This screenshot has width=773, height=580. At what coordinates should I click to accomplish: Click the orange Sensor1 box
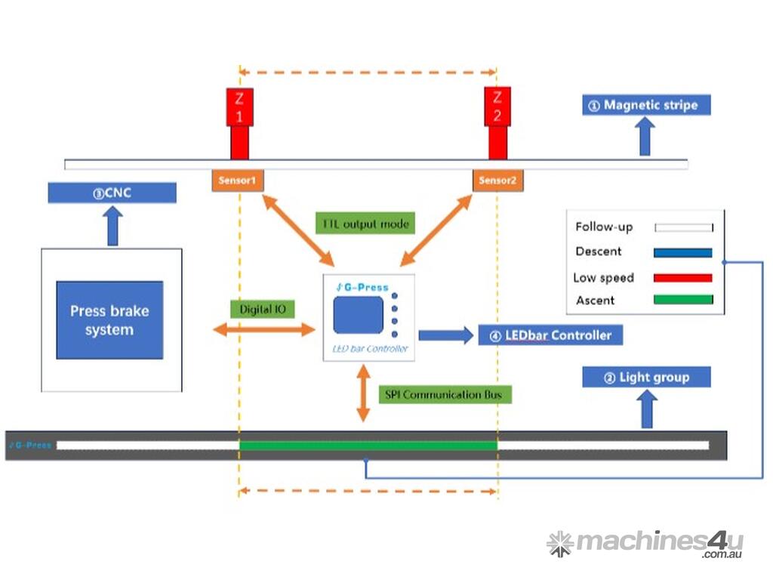click(238, 180)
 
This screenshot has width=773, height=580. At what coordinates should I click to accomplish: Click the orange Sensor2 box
click(497, 180)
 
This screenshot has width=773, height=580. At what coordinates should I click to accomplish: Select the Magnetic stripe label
click(647, 105)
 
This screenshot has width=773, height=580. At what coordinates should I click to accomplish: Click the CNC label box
click(112, 193)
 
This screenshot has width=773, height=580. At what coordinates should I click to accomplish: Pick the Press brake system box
click(109, 320)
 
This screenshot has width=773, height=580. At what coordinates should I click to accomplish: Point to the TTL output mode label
click(365, 224)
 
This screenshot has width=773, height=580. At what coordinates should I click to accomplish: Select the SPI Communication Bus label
click(443, 394)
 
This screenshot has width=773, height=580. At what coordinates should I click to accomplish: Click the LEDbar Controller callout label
click(550, 335)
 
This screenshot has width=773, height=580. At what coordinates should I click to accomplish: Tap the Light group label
click(646, 377)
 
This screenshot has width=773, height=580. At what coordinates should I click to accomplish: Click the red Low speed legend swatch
click(683, 278)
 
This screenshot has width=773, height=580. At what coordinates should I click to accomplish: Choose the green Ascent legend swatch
click(683, 300)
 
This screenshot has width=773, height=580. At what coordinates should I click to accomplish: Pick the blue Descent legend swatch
click(683, 252)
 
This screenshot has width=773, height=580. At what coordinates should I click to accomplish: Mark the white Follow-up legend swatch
click(683, 227)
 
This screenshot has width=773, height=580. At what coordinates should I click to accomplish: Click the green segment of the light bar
click(368, 446)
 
